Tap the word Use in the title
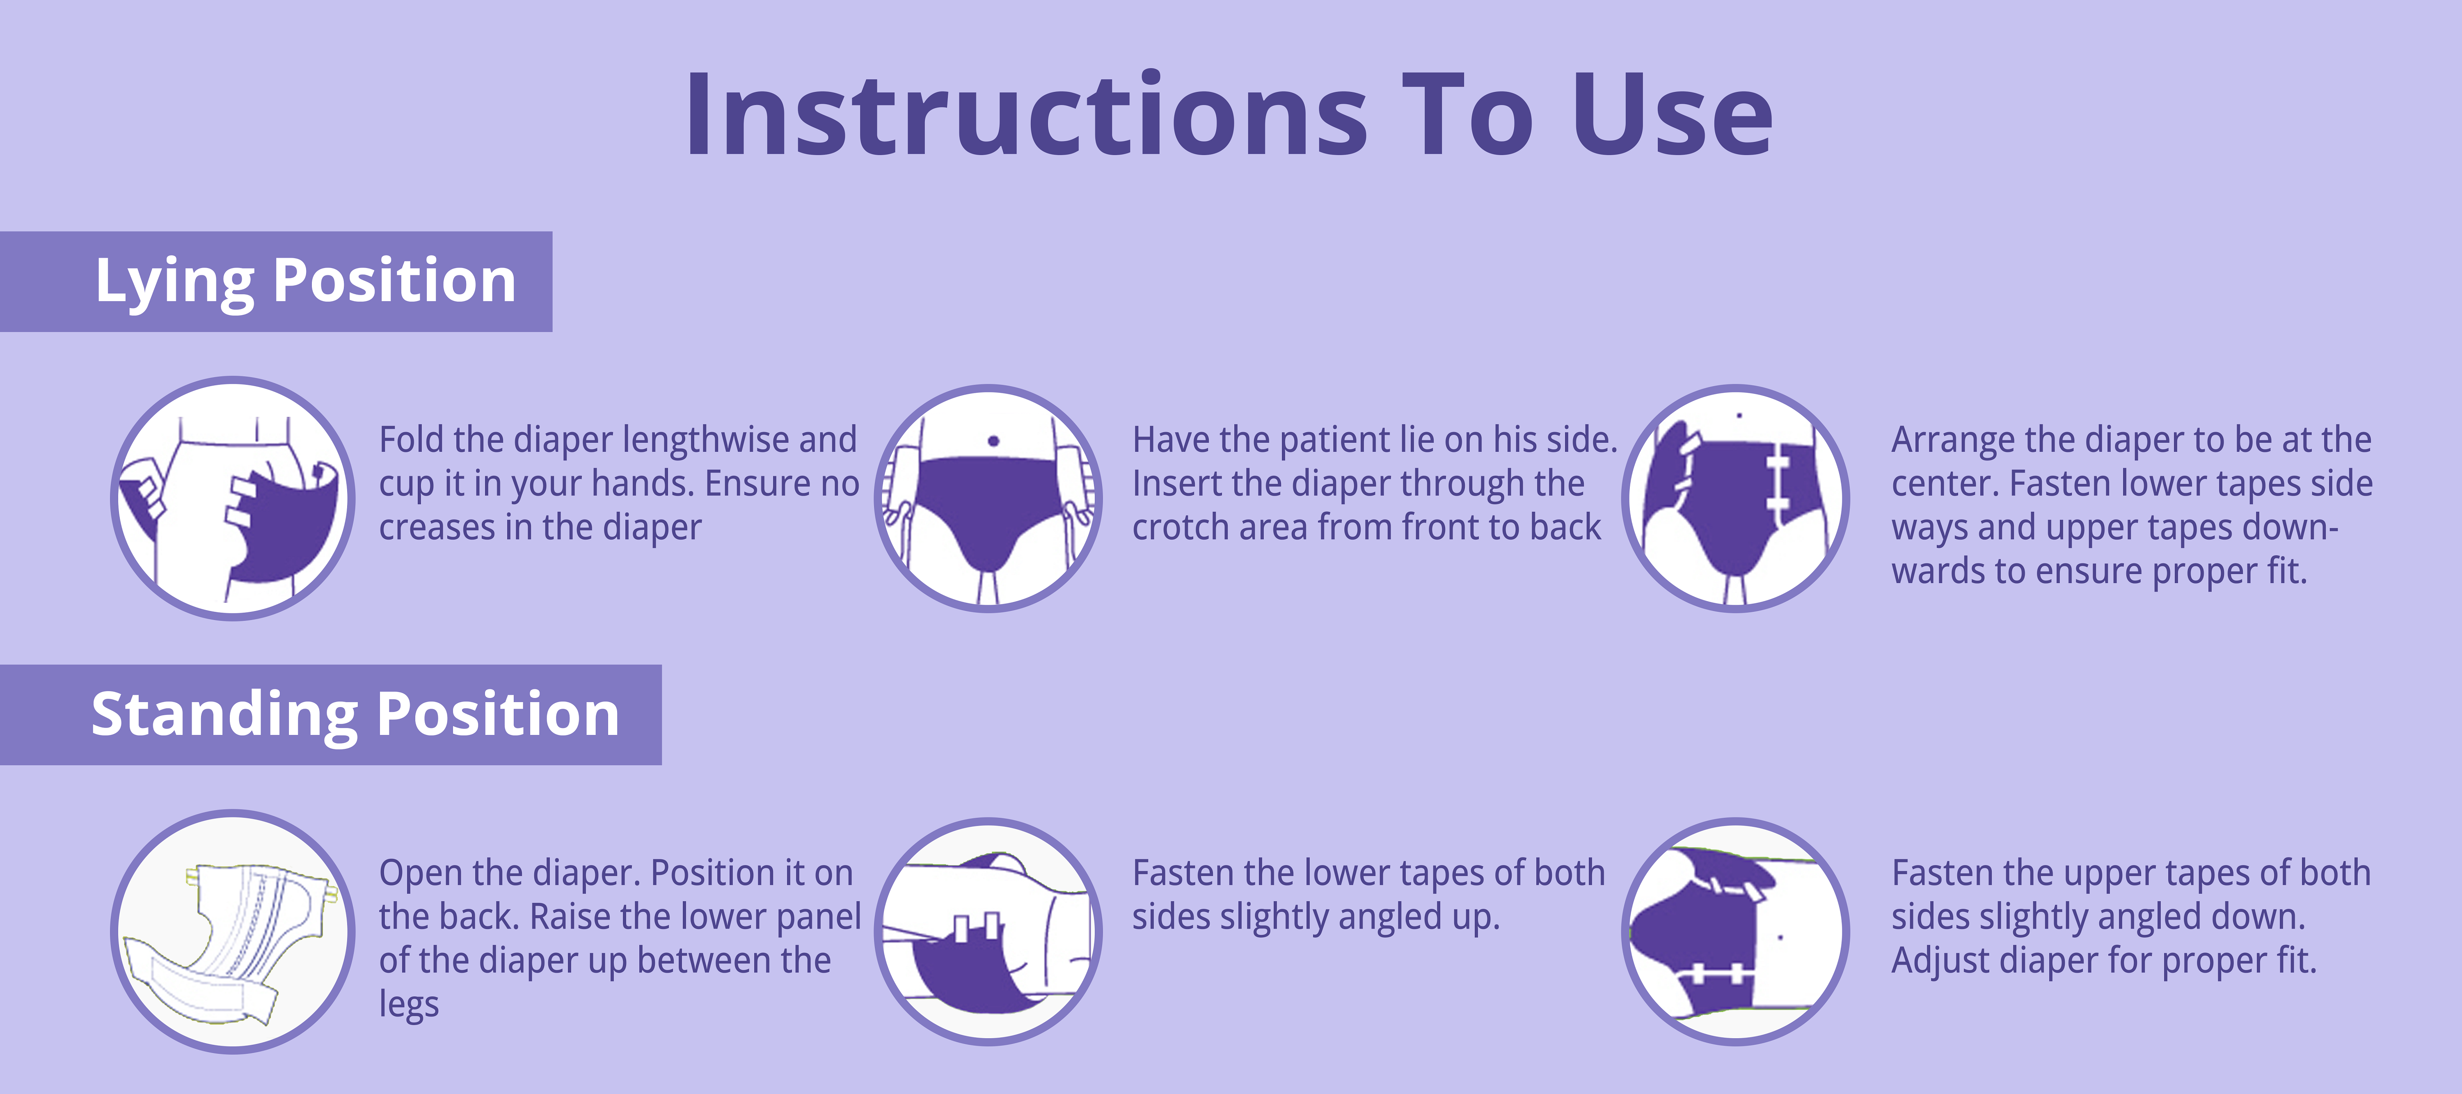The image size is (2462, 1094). [1673, 114]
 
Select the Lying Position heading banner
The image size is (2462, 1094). [276, 282]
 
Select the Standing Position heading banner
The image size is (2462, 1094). [331, 715]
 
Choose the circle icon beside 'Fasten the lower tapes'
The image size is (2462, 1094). [989, 932]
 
